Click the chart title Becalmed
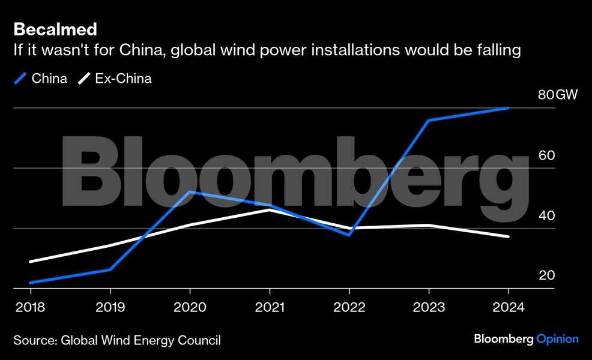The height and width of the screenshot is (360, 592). tap(55, 29)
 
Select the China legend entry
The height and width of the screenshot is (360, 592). tap(41, 79)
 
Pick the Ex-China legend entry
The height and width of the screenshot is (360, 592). tap(116, 79)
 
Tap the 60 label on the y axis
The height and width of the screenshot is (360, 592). tap(546, 155)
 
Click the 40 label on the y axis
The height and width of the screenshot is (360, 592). tap(546, 215)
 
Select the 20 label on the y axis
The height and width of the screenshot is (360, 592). tap(546, 275)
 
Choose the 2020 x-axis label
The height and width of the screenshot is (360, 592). tap(189, 307)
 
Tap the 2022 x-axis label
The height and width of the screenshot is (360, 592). tap(349, 307)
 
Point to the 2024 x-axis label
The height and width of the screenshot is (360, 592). tap(509, 307)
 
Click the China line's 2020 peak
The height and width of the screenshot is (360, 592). tap(190, 192)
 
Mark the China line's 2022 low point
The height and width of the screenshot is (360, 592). tap(349, 235)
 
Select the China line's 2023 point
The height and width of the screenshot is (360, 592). tap(429, 121)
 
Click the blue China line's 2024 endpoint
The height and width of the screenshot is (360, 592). tap(509, 108)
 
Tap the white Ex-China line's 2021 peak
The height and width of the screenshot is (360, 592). tap(270, 210)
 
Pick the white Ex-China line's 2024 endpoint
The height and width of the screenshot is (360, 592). tap(509, 236)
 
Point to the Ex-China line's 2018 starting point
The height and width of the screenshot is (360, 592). tap(30, 262)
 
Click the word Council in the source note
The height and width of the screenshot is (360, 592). tap(200, 341)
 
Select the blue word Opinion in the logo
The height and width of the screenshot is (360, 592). tap(558, 340)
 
